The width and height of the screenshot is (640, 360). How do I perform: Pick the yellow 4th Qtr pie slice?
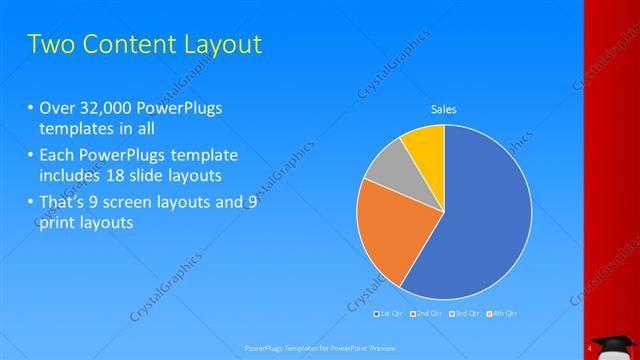click(426, 146)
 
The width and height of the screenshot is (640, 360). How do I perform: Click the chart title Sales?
click(444, 109)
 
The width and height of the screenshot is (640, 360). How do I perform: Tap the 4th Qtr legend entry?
click(502, 314)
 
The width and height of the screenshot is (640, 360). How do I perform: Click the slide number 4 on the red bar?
click(590, 347)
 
